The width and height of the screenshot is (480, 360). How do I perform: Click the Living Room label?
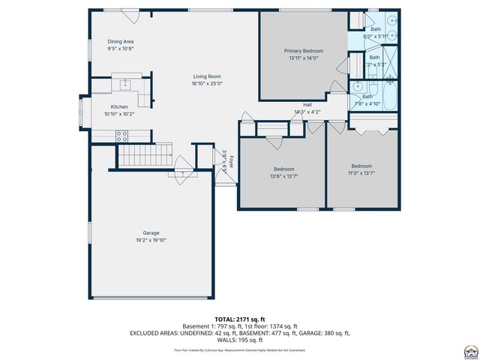click(x=206, y=76)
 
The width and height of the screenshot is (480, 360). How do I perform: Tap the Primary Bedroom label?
click(x=303, y=51)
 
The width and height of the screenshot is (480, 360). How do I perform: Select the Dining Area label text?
click(x=120, y=41)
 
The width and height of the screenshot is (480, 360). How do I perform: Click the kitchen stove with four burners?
click(x=121, y=136)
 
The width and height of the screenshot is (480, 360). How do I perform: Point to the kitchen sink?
click(x=124, y=82)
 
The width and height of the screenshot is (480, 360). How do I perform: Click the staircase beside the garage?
click(x=139, y=157)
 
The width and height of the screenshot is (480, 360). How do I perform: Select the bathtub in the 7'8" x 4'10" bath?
click(x=388, y=96)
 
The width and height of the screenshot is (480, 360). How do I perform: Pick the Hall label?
click(x=307, y=104)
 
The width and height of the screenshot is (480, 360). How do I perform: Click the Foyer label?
click(x=231, y=160)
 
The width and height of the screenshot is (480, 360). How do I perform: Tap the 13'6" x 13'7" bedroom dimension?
click(x=283, y=176)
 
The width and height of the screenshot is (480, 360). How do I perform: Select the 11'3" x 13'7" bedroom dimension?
click(x=361, y=173)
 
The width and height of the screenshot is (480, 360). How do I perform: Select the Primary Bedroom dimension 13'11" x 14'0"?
click(x=303, y=58)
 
